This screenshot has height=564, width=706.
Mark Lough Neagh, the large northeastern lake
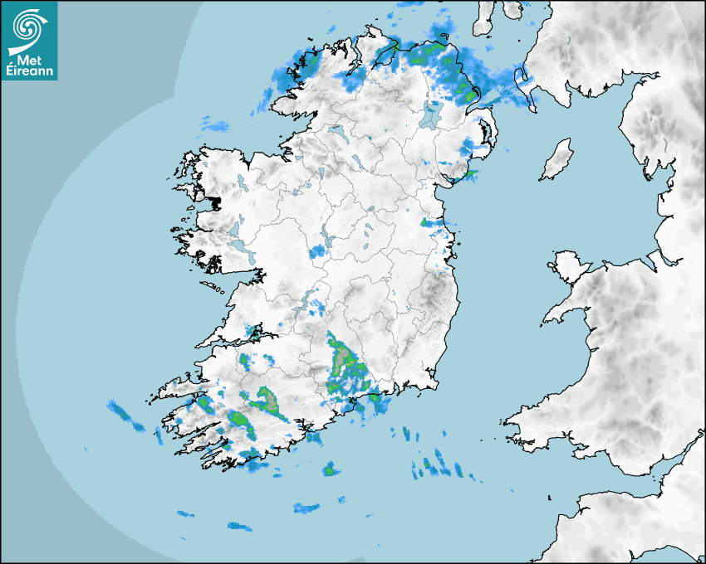tap(431, 114)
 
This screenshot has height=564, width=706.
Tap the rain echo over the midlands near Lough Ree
tap(319, 250)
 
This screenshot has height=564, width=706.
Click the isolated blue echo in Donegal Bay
tap(218, 127)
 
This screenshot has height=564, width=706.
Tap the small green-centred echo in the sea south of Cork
tap(331, 469)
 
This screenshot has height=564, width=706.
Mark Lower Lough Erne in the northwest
tap(336, 133)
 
